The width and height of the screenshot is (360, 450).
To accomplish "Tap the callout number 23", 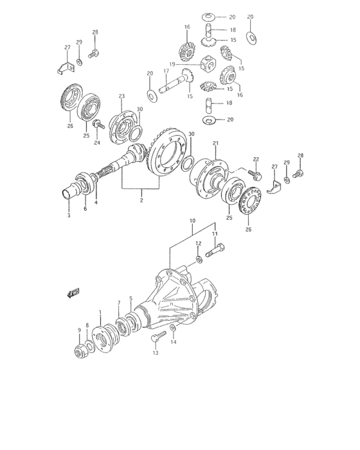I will tap(121, 96).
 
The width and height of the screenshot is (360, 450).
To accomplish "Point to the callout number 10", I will tap(192, 221).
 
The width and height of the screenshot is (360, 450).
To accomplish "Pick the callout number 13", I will tap(154, 352).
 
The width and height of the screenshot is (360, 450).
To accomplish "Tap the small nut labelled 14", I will tap(172, 330).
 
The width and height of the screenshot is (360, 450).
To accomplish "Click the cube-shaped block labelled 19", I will tap(207, 65).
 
